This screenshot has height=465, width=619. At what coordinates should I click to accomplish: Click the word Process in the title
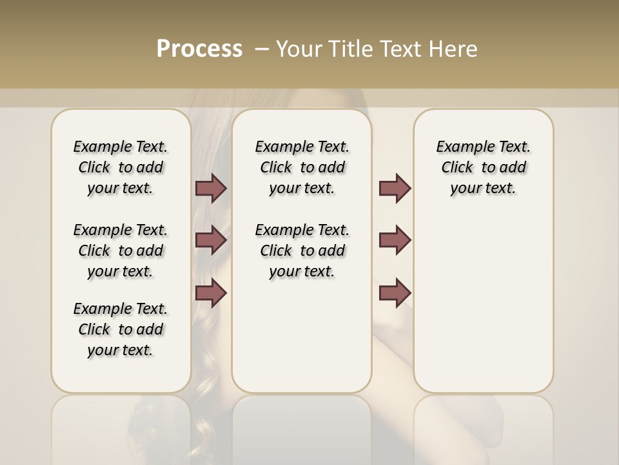pyautogui.click(x=199, y=48)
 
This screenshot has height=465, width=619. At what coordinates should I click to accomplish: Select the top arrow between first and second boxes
pyautogui.click(x=211, y=189)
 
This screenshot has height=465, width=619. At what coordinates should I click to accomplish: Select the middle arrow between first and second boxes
pyautogui.click(x=211, y=240)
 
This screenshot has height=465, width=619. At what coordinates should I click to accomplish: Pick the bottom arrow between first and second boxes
pyautogui.click(x=211, y=293)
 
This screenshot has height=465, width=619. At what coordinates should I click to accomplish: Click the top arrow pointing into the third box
pyautogui.click(x=395, y=189)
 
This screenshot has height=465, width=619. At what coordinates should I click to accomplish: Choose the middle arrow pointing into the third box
pyautogui.click(x=395, y=240)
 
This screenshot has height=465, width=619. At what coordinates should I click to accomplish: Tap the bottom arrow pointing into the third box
pyautogui.click(x=395, y=293)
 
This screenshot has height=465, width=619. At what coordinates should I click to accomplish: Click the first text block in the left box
pyautogui.click(x=121, y=167)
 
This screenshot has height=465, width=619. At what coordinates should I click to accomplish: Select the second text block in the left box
pyautogui.click(x=121, y=251)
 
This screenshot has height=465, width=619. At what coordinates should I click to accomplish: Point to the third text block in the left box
pyautogui.click(x=121, y=329)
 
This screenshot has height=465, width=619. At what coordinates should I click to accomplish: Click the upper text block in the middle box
pyautogui.click(x=302, y=167)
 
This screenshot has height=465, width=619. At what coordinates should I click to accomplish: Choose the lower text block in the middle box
pyautogui.click(x=302, y=251)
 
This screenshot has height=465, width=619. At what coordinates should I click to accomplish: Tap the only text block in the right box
pyautogui.click(x=484, y=167)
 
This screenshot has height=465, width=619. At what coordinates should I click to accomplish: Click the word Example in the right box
pyautogui.click(x=461, y=147)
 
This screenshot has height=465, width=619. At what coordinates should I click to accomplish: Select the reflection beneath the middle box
pyautogui.click(x=302, y=426)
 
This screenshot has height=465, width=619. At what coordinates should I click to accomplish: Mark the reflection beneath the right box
pyautogui.click(x=484, y=426)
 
